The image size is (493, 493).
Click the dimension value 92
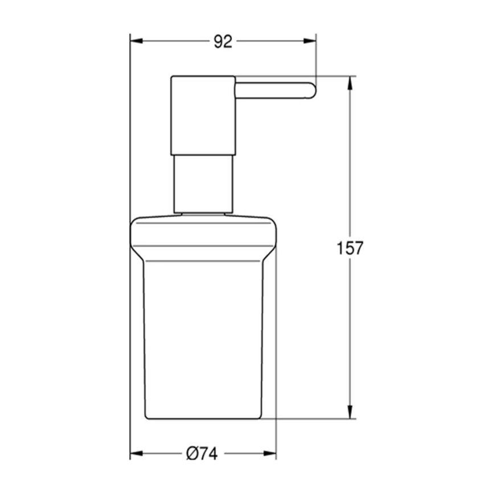click(x=223, y=41)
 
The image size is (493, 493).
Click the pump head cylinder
click(x=203, y=114)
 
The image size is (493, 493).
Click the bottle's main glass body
click(x=203, y=342)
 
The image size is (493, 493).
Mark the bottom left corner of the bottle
click(x=147, y=417)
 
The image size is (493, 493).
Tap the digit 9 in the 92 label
click(x=218, y=41)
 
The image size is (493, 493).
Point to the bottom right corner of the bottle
click(x=260, y=417)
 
